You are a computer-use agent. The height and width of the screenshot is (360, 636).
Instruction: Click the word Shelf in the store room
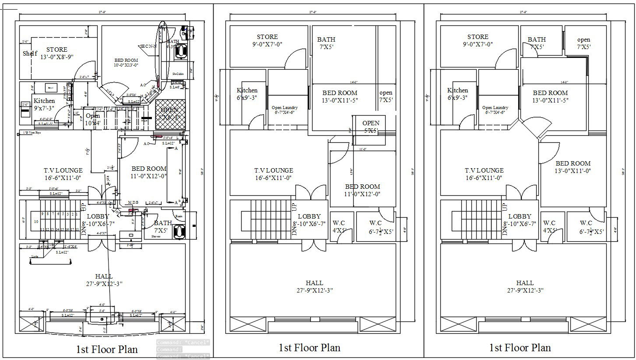pyautogui.click(x=30, y=54)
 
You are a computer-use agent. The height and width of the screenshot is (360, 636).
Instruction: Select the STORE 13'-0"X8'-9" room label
pyautogui.click(x=56, y=53)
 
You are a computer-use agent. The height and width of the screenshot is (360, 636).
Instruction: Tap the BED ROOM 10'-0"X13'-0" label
pyautogui.click(x=126, y=63)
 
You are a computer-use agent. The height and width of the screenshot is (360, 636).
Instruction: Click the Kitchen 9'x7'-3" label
pyautogui.click(x=44, y=104)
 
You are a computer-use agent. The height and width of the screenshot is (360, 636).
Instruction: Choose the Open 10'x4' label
pyautogui.click(x=93, y=120)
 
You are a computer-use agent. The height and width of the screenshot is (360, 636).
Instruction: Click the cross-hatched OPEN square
pyautogui.click(x=170, y=114)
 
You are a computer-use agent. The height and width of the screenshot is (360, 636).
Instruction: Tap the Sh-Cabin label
pyautogui.click(x=177, y=74)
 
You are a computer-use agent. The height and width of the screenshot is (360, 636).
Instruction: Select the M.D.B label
pyautogui.click(x=133, y=202)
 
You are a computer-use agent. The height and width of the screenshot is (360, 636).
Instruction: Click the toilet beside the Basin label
pyautogui.click(x=179, y=231)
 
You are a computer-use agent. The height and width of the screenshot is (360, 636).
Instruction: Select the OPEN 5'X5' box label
pyautogui.click(x=371, y=127)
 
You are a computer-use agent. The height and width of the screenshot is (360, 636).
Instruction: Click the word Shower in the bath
pyautogui.click(x=156, y=236)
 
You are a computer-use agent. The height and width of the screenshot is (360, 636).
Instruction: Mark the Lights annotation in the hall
pyautogui.click(x=34, y=257)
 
